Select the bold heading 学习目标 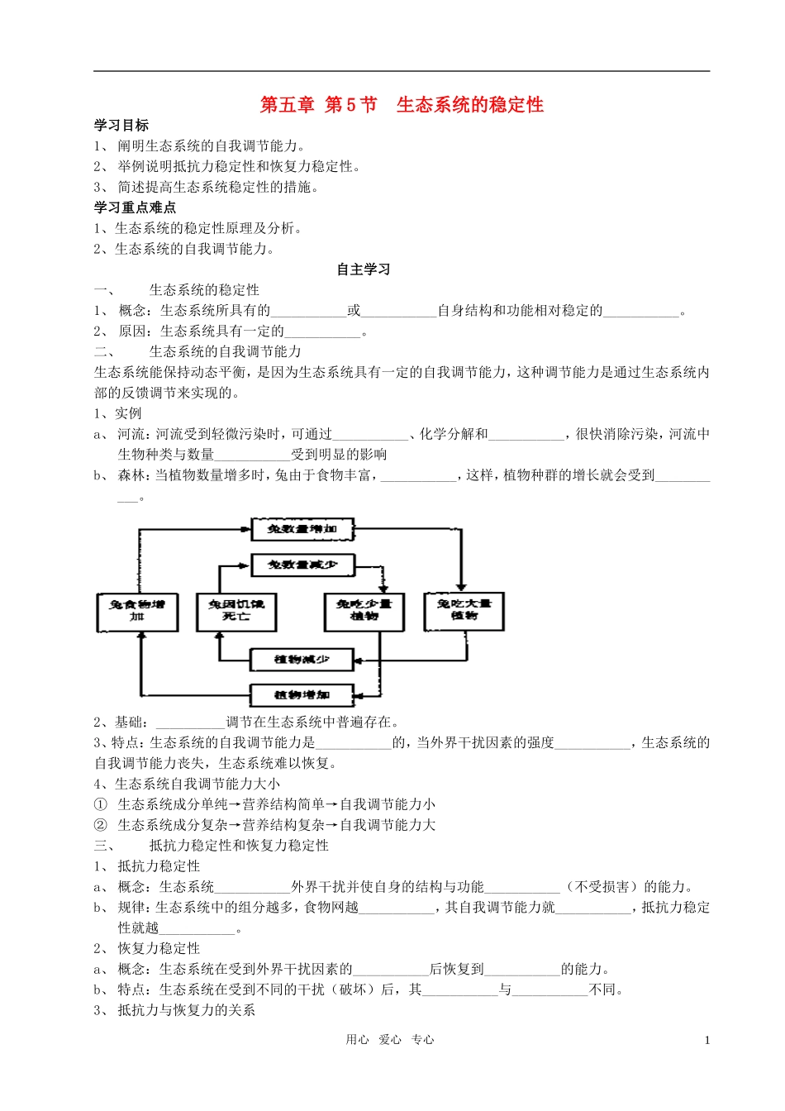click(121, 126)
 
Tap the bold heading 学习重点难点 click(135, 207)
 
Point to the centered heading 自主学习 click(363, 269)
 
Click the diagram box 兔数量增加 click(302, 529)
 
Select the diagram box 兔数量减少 click(302, 565)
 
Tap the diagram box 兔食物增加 click(137, 611)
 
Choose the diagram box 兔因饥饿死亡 click(236, 611)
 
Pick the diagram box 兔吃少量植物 click(364, 611)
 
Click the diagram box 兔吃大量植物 click(464, 611)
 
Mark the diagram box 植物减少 click(302, 659)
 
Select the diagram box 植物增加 click(302, 694)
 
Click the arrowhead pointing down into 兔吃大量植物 click(461, 586)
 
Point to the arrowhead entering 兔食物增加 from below click(140, 637)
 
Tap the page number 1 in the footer click(707, 1041)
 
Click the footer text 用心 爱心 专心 click(390, 1040)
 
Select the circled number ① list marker click(101, 804)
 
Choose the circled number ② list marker click(101, 825)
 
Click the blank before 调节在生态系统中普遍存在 click(190, 722)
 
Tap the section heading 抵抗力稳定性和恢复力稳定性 click(239, 846)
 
